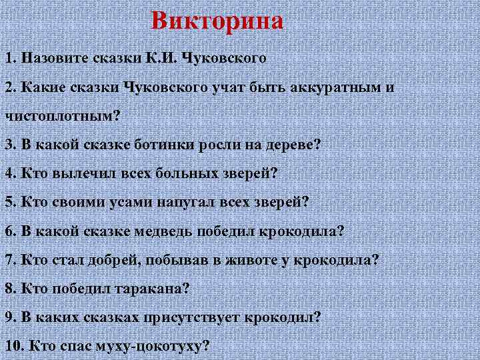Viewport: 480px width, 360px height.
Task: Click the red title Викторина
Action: tap(217, 21)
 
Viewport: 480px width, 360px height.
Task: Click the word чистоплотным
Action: tap(61, 115)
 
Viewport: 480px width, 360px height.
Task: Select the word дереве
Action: tap(291, 144)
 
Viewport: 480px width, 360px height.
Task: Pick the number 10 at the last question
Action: tap(11, 346)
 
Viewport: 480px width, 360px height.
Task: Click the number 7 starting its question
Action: tap(8, 259)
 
